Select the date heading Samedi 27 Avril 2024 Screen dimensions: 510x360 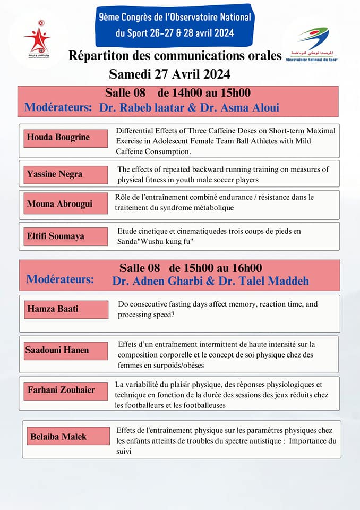pos(169,73)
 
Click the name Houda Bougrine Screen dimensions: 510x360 pos(58,138)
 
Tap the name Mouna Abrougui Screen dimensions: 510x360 pos(58,203)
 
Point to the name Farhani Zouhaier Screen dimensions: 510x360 pos(62,390)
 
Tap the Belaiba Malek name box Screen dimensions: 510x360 pos(58,437)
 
